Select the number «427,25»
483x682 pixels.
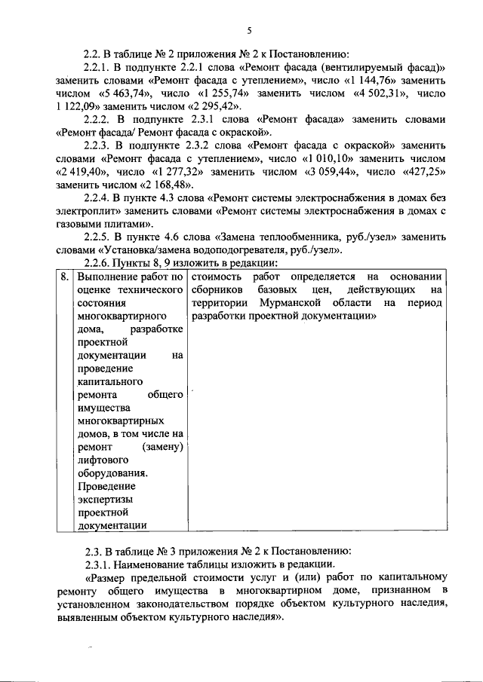pos(420,173)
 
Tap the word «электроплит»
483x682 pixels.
pos(88,212)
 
